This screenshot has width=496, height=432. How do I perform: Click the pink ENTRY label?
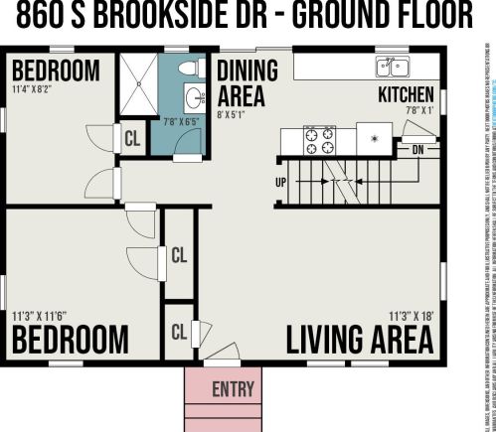[x=234, y=388]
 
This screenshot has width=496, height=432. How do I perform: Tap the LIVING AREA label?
[x=360, y=340]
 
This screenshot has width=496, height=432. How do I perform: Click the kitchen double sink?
[x=392, y=67]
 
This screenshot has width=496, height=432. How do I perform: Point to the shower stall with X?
[x=144, y=87]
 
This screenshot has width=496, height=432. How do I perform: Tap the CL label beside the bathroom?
[x=131, y=139]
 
